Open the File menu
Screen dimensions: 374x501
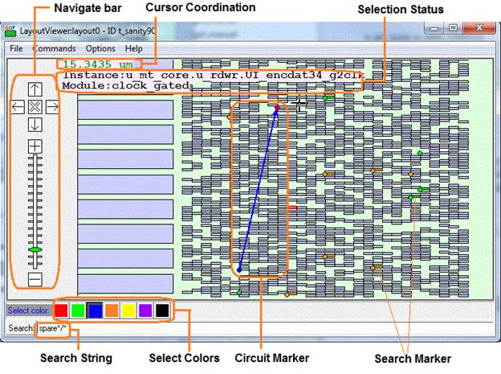coord(16,48)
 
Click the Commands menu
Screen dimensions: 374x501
coord(55,48)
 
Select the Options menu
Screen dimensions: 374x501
coord(100,48)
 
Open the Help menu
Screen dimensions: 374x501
coord(133,48)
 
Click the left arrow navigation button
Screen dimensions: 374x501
coord(18,106)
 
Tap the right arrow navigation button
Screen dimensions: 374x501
coord(52,106)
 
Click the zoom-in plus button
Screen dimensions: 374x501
coord(35,146)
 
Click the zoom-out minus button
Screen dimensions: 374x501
coord(35,279)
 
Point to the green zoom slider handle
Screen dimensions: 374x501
coord(35,251)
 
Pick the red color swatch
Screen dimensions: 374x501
coord(61,310)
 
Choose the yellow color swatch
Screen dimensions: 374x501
coord(128,310)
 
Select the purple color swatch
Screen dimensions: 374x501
coord(145,310)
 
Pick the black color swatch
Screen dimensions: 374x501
coord(162,310)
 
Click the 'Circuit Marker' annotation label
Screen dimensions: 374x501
coord(276,358)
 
